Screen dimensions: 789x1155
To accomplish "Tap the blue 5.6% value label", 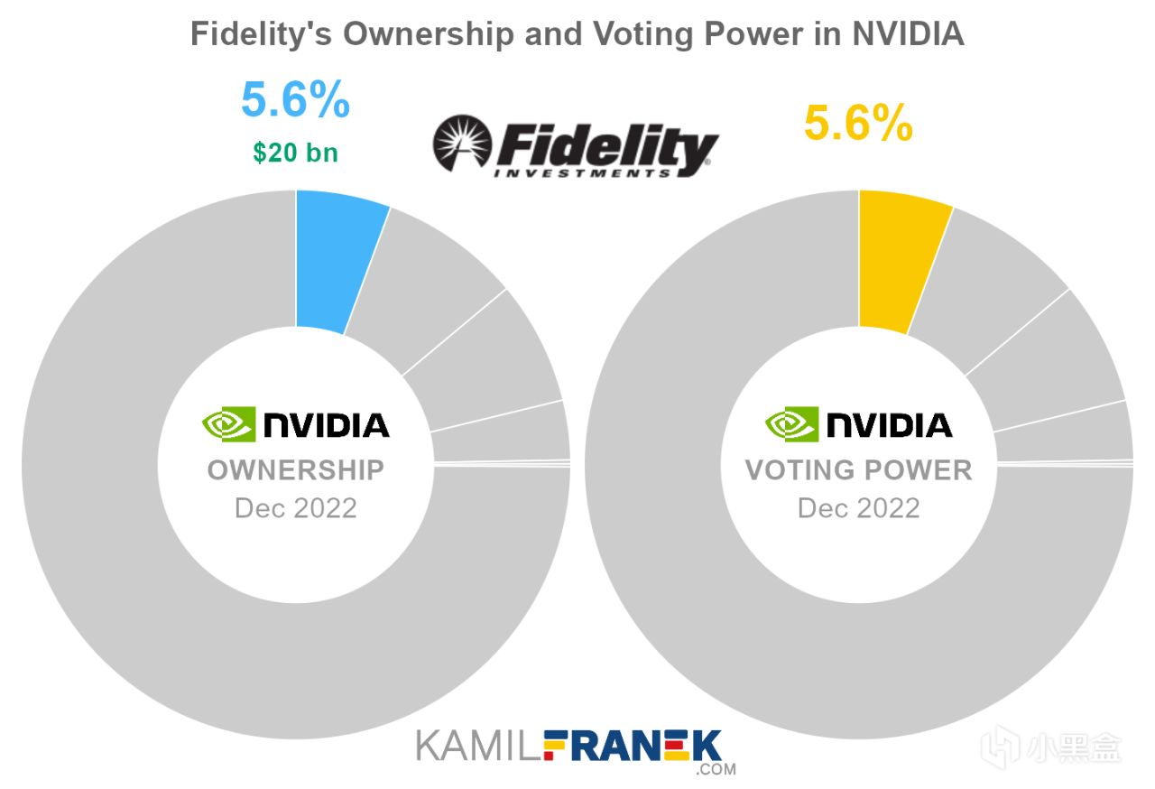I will [x=295, y=100].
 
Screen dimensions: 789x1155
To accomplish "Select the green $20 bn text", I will [x=295, y=153].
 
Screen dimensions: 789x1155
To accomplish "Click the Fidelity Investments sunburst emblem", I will [x=461, y=144].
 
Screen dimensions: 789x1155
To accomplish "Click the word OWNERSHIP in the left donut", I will [x=296, y=470].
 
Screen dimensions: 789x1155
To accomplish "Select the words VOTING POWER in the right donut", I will [x=858, y=470].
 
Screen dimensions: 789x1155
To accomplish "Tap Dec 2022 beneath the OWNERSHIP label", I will [x=296, y=507].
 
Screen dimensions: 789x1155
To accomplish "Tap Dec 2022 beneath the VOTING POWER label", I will [x=858, y=507].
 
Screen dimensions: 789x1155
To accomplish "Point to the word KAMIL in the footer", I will [x=466, y=747].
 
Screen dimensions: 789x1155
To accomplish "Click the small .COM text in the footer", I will [x=716, y=770].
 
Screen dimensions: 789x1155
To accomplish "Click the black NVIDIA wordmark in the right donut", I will [x=889, y=424].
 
